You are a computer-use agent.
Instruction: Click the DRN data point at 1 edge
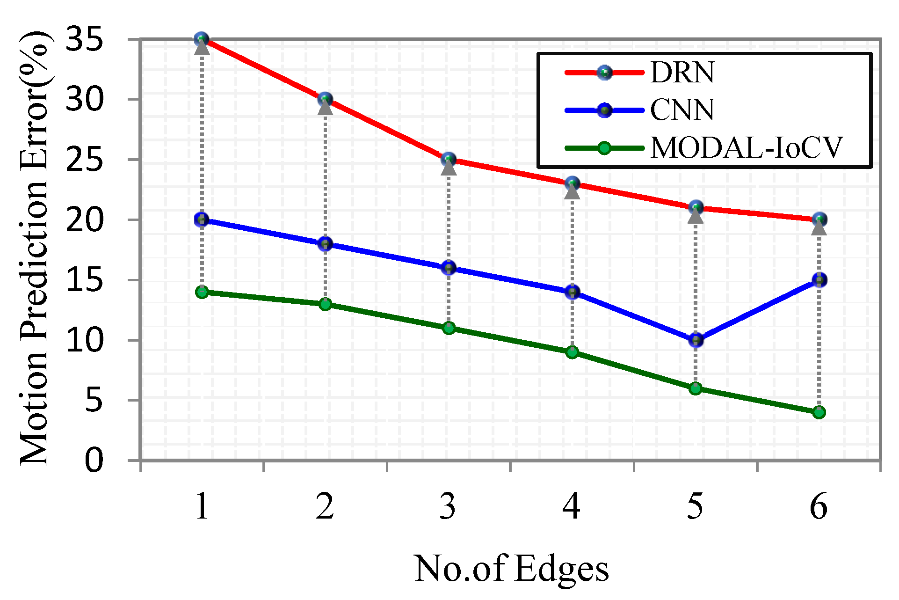pyautogui.click(x=202, y=39)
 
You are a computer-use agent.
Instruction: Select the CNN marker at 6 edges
pyautogui.click(x=819, y=280)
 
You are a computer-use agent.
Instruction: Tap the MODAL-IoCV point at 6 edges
pyautogui.click(x=819, y=412)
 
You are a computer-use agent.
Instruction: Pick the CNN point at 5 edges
pyautogui.click(x=696, y=340)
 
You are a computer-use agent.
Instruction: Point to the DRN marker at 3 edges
pyautogui.click(x=449, y=160)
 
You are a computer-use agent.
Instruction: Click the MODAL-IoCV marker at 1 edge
pyautogui.click(x=202, y=292)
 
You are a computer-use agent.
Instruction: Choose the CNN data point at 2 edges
pyautogui.click(x=325, y=244)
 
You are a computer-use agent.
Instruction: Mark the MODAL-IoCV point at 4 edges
pyautogui.click(x=572, y=352)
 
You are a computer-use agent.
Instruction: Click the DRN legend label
pyautogui.click(x=682, y=73)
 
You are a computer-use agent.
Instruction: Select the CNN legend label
pyautogui.click(x=682, y=110)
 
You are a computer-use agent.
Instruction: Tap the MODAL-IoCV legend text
pyautogui.click(x=747, y=148)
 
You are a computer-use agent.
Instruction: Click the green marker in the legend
pyautogui.click(x=604, y=148)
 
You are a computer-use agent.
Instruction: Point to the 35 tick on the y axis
pyautogui.click(x=84, y=39)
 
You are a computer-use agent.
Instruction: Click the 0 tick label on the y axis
pyautogui.click(x=94, y=461)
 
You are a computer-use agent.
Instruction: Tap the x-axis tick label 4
pyautogui.click(x=572, y=506)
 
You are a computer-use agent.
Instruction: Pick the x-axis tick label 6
pyautogui.click(x=819, y=506)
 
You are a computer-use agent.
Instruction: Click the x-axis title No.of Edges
pyautogui.click(x=511, y=569)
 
